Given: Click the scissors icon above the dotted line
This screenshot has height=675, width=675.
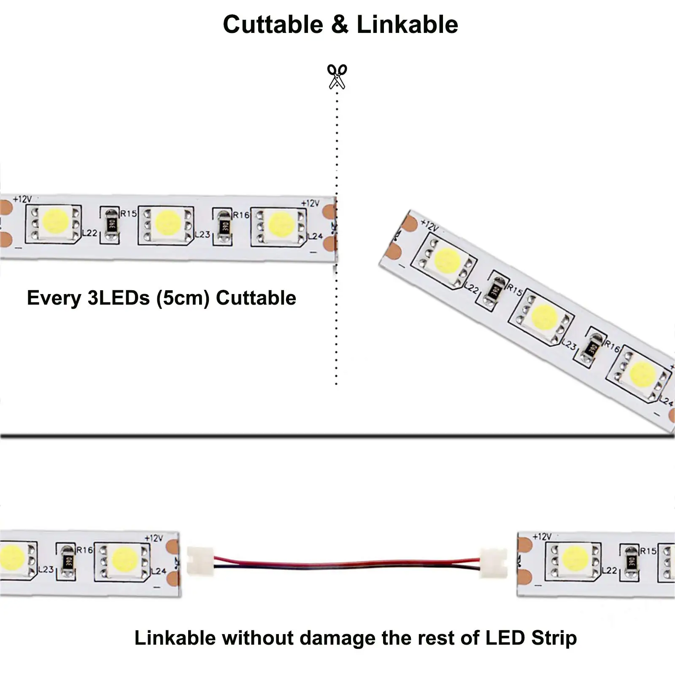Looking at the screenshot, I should coord(337,76).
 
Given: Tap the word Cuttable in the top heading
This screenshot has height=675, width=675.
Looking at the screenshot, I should coord(273,24).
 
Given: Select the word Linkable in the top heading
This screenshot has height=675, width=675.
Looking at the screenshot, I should coord(407,24).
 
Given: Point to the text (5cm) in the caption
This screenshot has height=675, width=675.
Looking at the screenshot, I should coord(183,298).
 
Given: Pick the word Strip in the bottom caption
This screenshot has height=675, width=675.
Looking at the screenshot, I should coord(554,638).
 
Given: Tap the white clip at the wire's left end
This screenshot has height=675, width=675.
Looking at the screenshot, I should coord(200,560).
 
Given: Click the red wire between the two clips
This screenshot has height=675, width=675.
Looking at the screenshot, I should coord(346,562).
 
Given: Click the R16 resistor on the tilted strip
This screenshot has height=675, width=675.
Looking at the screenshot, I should coord(592,348).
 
